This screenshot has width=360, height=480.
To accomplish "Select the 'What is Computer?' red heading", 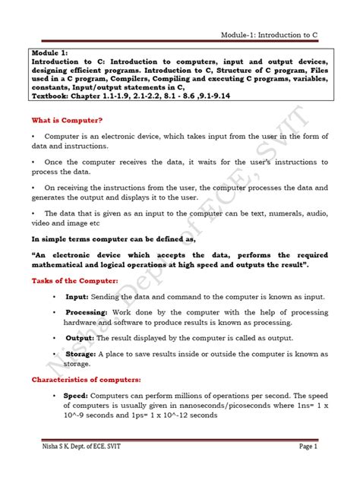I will point(68,120).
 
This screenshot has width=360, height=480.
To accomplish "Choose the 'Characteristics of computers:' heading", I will point(85,379).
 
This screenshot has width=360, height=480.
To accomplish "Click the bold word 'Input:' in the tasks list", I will point(77,297).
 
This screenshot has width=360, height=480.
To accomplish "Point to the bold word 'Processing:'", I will point(87,312).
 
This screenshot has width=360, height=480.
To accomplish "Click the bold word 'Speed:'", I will point(77,395).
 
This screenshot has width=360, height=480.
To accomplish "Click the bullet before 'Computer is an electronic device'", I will point(34,135).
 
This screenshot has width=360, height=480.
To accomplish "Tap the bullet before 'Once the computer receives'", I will point(34,162).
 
